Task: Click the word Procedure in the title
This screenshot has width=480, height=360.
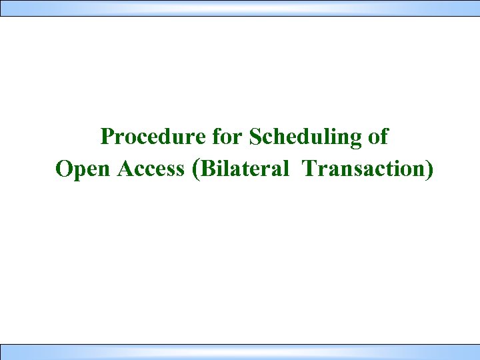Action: tap(153, 137)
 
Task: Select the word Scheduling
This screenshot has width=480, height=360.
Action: tap(306, 137)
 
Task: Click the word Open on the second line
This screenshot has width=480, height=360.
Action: tap(84, 169)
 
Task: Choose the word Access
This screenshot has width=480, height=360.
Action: tap(151, 169)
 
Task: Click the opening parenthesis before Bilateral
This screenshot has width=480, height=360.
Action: tap(195, 169)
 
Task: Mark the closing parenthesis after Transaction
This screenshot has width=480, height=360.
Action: tap(429, 169)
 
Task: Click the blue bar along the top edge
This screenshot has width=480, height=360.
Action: tap(240, 8)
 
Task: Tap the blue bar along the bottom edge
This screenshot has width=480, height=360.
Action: tap(240, 352)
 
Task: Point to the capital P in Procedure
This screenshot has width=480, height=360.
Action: tap(107, 137)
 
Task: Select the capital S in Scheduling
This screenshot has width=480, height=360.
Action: tap(255, 137)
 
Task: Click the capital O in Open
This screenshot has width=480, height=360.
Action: tap(64, 169)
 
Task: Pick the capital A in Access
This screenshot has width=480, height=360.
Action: tap(125, 169)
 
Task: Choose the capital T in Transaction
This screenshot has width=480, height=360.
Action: tap(309, 169)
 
